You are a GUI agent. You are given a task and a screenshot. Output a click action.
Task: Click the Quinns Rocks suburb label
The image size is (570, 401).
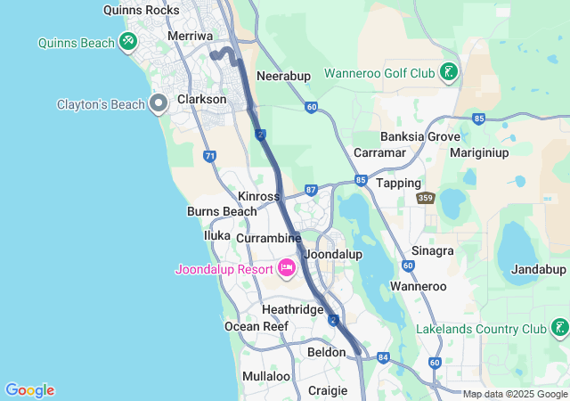coord(141,11)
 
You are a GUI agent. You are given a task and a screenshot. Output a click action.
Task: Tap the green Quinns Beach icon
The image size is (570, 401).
coord(128,42)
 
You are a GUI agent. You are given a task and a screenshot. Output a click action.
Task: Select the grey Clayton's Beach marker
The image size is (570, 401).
coord(159,103)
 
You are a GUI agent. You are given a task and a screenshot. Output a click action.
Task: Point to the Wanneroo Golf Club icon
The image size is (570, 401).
coord(449,72)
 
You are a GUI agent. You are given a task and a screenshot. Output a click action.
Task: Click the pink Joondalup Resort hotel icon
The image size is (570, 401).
coord(287,267)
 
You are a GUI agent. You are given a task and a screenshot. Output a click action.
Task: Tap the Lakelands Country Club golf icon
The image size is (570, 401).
coord(559,329)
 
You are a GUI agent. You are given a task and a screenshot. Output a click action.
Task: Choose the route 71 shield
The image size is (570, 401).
coord(209,156)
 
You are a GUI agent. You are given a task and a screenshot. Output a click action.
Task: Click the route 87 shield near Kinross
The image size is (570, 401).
coord(311,190)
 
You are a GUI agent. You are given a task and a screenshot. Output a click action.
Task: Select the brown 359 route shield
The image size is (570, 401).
coord(426,198)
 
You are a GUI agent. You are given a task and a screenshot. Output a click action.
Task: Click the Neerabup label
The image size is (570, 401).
coord(283,77)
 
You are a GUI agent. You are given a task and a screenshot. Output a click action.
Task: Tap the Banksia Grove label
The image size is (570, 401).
coord(420,137)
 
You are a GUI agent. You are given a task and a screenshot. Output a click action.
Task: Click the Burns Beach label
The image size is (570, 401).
coord(222,212)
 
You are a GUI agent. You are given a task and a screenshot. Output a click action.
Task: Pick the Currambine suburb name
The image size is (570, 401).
coord(269,239)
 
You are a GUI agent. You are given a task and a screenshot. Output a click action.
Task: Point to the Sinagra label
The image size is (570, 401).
coord(433,251)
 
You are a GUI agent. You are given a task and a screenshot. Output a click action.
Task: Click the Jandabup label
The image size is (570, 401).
coord(539,269)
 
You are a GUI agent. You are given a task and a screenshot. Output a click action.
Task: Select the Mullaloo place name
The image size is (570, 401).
coord(266,376)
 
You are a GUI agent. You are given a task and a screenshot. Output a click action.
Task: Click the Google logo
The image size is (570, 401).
coord(29,390)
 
